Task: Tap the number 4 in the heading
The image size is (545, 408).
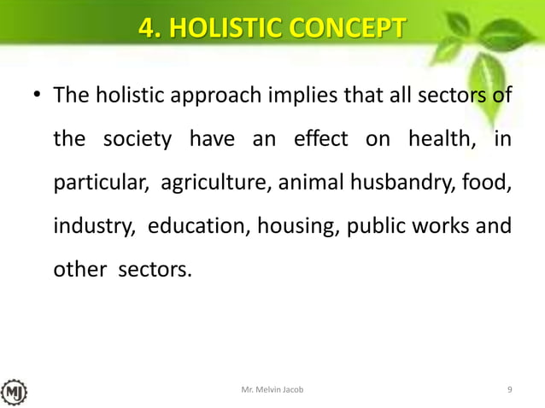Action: pyautogui.click(x=149, y=30)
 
